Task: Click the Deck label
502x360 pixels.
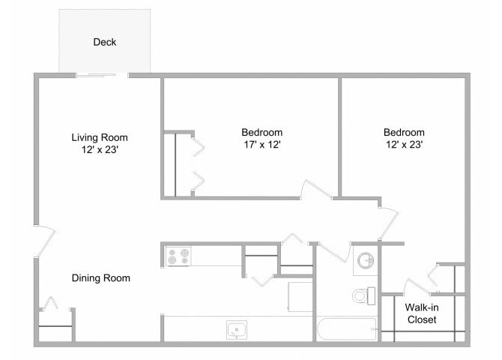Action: coord(105,42)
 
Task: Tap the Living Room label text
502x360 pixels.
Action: coord(100,137)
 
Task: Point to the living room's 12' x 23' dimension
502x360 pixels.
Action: coord(100,150)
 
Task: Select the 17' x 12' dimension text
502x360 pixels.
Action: coord(261,145)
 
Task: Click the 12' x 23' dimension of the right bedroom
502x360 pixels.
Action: coord(405,145)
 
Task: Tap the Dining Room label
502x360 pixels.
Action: coord(101,278)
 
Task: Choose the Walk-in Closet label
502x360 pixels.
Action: coord(421,313)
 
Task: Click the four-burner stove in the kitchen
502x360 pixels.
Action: coord(178,256)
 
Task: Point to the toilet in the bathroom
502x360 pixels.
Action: coord(362,296)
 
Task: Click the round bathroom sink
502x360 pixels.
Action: coord(366,260)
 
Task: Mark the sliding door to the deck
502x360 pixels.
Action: coord(101,74)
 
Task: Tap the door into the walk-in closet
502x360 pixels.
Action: coord(414,286)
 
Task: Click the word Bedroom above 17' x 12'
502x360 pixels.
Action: coord(261,132)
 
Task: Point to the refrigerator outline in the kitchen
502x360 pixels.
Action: coord(300,296)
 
